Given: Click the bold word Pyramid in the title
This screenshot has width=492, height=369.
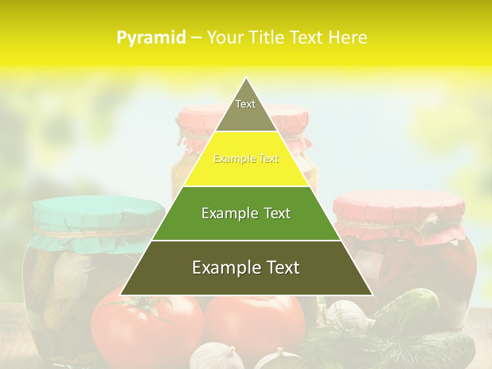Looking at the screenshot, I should click(x=151, y=38).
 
